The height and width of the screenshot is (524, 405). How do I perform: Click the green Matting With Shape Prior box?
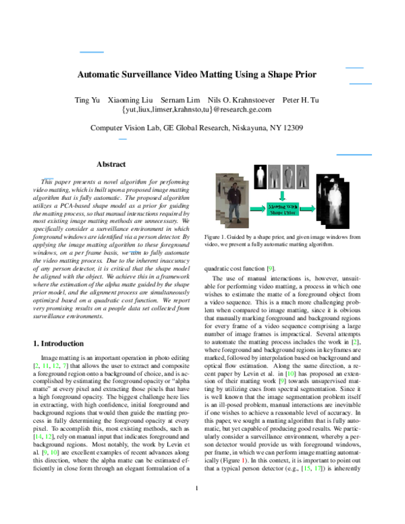[x=282, y=209]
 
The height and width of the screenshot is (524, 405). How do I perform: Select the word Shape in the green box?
[x=276, y=213]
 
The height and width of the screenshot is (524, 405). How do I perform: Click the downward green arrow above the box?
[x=282, y=196]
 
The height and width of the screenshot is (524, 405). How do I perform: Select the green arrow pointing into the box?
[x=257, y=209]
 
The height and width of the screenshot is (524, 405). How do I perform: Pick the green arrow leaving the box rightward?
[x=307, y=209]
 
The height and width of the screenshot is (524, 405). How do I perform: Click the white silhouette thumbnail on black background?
[x=261, y=177]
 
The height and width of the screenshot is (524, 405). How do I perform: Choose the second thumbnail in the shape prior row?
[x=274, y=177]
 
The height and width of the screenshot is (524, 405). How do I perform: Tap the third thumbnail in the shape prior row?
[x=289, y=177]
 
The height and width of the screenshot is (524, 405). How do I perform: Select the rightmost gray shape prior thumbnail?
[x=302, y=177]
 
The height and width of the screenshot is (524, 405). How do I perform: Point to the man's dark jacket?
[x=234, y=197]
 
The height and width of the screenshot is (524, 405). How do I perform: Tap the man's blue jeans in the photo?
[x=234, y=213]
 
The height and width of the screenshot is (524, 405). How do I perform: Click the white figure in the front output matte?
[x=335, y=203]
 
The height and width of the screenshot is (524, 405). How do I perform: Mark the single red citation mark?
[x=243, y=461]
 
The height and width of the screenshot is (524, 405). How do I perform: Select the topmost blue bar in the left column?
[x=92, y=52]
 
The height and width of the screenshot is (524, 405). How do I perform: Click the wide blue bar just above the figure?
[x=354, y=155]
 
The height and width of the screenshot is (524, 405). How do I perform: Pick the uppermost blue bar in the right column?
[x=354, y=68]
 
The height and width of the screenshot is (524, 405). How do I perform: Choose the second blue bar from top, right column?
[x=360, y=84]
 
